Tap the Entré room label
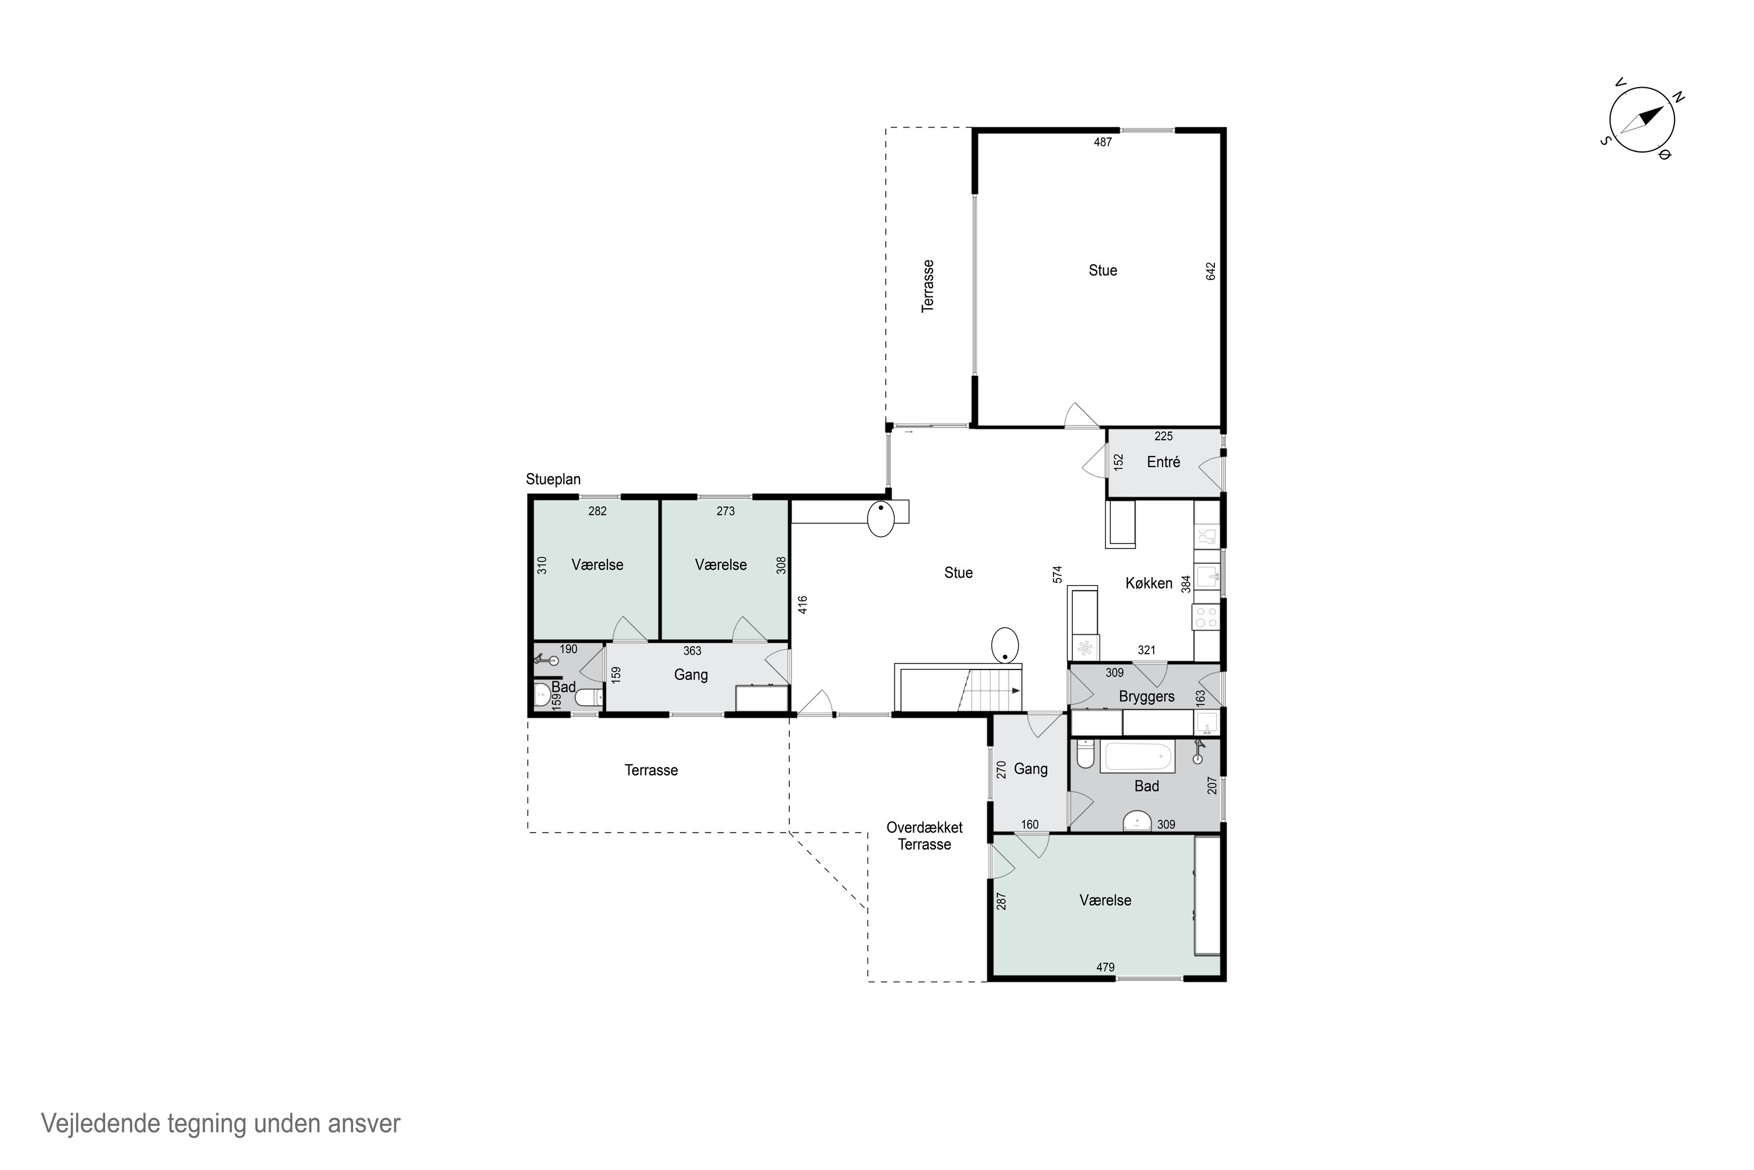(1163, 463)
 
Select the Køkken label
(1148, 584)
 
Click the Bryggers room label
(1146, 697)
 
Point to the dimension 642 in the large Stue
(1211, 271)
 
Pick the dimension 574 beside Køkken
(1057, 575)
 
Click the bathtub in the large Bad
(1138, 757)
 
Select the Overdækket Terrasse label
(924, 836)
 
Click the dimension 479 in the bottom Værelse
(1105, 968)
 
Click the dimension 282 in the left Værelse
(598, 512)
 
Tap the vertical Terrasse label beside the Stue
(928, 286)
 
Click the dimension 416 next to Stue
(803, 605)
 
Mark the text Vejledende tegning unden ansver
(221, 1123)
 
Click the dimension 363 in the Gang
(692, 651)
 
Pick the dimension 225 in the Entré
(1163, 437)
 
